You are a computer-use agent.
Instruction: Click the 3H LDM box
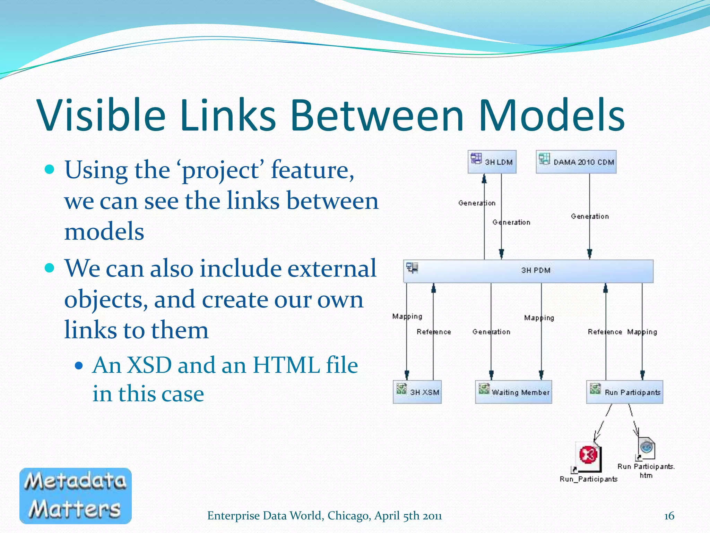pyautogui.click(x=492, y=162)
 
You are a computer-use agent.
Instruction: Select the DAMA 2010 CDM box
pyautogui.click(x=576, y=162)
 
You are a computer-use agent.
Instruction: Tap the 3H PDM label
pyautogui.click(x=536, y=270)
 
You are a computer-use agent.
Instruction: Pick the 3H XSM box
pyautogui.click(x=417, y=392)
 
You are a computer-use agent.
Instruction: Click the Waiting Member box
pyautogui.click(x=513, y=392)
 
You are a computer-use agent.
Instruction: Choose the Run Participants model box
pyautogui.click(x=624, y=392)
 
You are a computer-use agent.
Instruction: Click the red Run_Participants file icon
pyautogui.click(x=588, y=455)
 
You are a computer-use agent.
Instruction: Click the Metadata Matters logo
pyautogui.click(x=76, y=496)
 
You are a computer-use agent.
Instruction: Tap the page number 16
pyautogui.click(x=669, y=516)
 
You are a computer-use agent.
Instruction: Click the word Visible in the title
pyautogui.click(x=101, y=115)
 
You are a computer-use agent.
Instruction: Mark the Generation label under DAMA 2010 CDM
pyautogui.click(x=590, y=217)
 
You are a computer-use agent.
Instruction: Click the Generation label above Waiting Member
pyautogui.click(x=491, y=332)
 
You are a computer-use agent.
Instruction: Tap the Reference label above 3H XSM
pyautogui.click(x=434, y=332)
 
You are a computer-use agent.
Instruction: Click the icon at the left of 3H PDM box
pyautogui.click(x=412, y=268)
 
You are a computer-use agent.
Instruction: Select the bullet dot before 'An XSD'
pyautogui.click(x=79, y=365)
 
